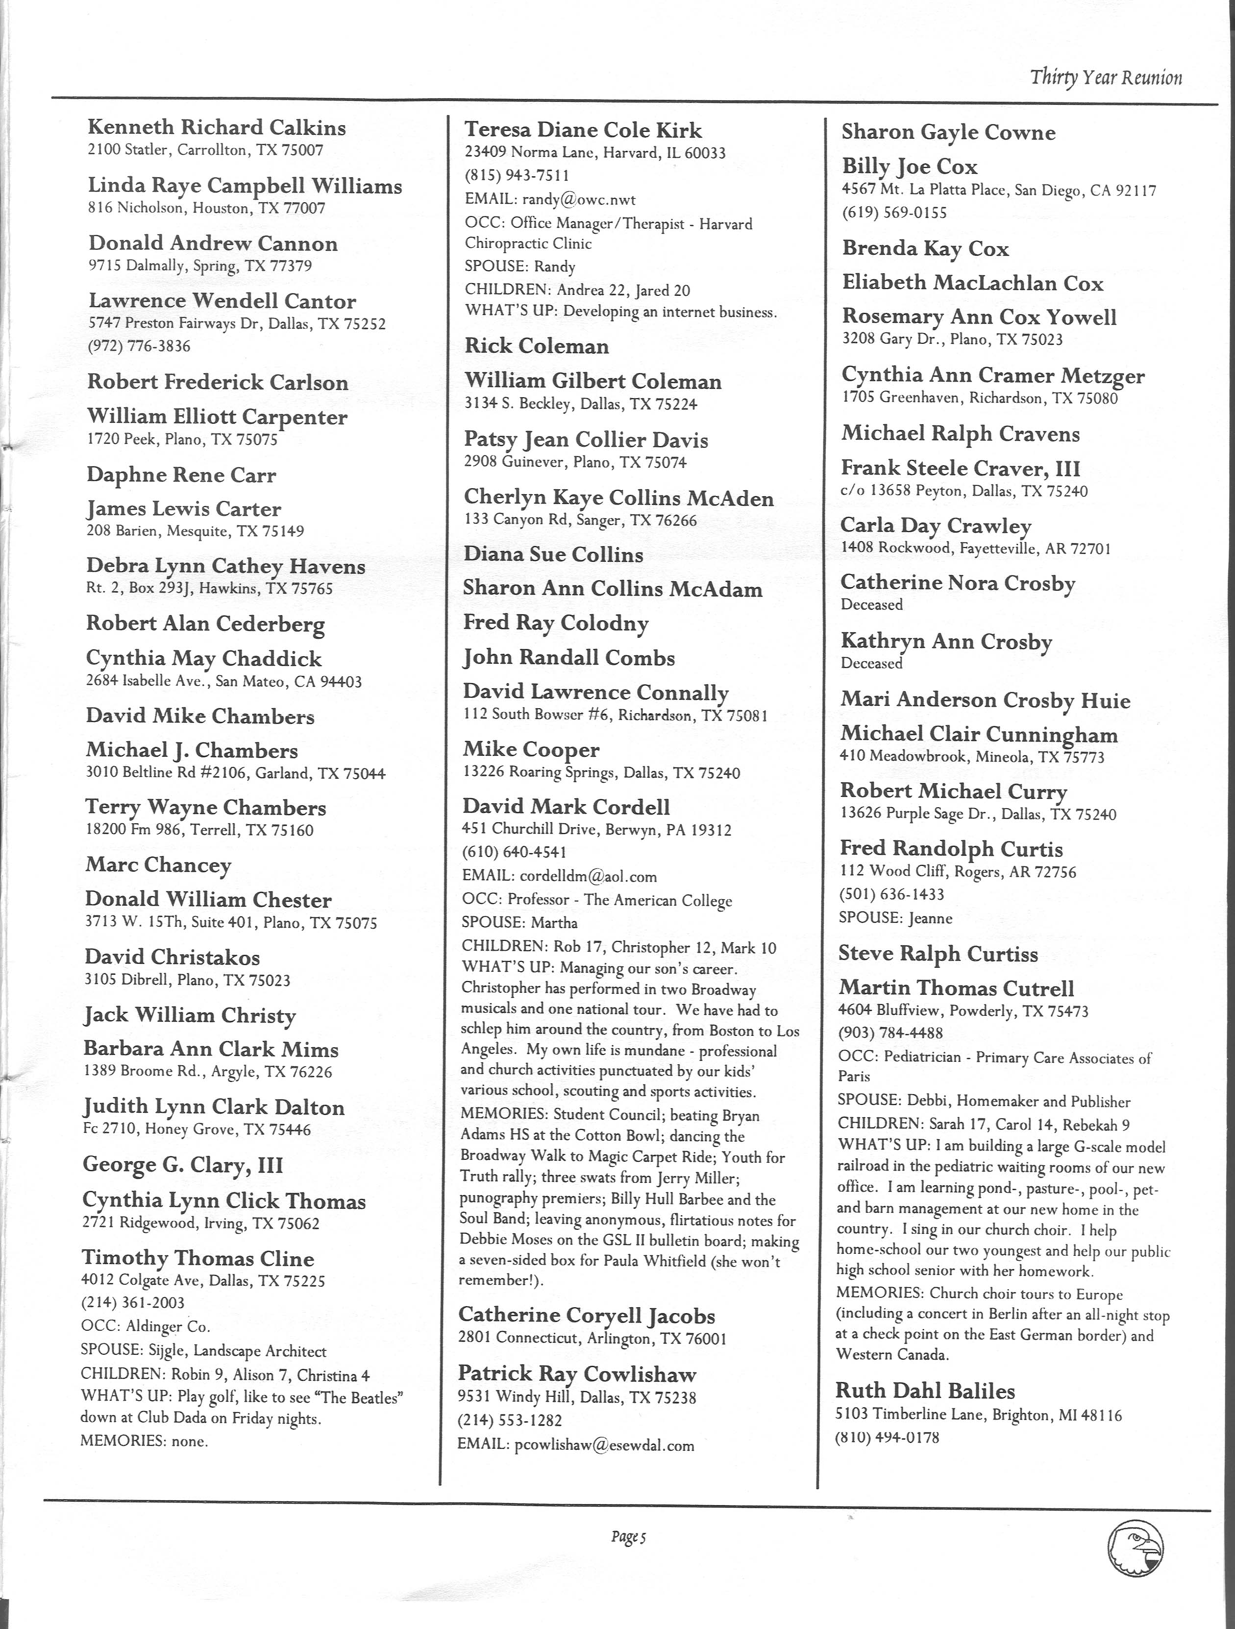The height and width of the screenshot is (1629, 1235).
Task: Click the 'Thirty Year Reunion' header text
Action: [1106, 77]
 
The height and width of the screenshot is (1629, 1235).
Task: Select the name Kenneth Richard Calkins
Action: [217, 127]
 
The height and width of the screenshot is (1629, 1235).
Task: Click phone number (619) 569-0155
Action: [894, 213]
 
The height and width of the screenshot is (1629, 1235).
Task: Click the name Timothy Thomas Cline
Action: [198, 1259]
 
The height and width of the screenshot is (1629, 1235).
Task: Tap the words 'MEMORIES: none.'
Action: [145, 1441]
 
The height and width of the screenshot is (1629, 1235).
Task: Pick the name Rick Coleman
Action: [537, 346]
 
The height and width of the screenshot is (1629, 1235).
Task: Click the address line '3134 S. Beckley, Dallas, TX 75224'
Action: [581, 404]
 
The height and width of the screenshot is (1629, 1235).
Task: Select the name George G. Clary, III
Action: [183, 1165]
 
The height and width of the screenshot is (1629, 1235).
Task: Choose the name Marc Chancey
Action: [158, 864]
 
